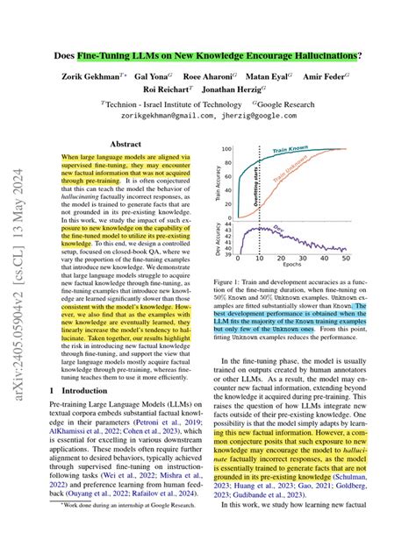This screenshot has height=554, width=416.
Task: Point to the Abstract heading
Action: [x=126, y=143]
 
